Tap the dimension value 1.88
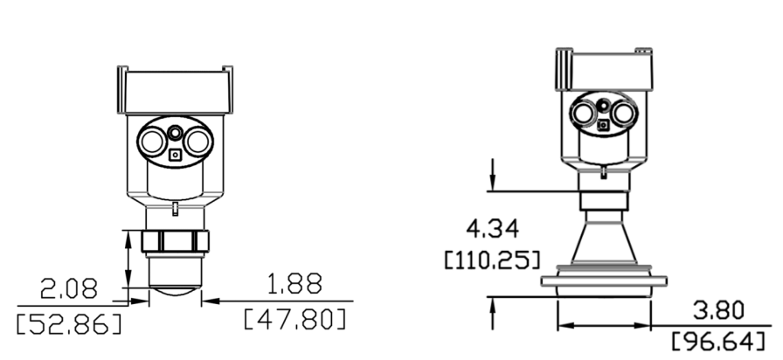click(291, 284)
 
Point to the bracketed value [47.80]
click(294, 317)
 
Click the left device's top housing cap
click(175, 87)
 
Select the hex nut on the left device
click(175, 241)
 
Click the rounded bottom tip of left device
click(175, 293)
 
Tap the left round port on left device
click(151, 139)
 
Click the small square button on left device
click(176, 156)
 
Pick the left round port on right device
click(583, 112)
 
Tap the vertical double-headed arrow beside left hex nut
click(129, 258)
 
